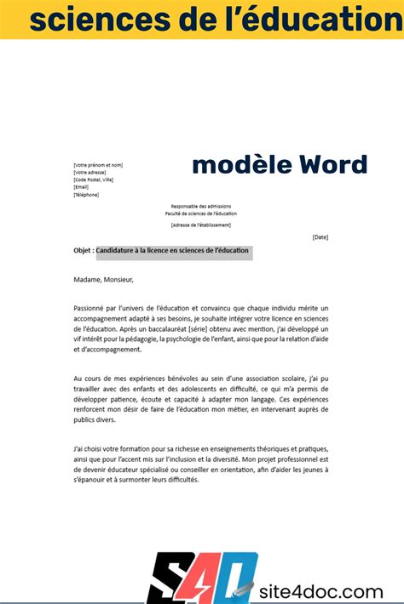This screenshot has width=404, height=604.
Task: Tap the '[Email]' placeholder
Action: pos(81,187)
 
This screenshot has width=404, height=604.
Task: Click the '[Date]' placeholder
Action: pos(320,236)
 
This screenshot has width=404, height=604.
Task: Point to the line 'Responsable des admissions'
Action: pos(201,207)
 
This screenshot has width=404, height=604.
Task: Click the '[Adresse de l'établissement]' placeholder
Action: pos(201,225)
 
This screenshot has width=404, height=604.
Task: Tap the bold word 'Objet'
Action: pos(83,251)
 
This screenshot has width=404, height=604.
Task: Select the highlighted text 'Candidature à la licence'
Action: pos(139,251)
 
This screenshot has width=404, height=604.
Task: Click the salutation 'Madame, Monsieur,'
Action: pos(103,279)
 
